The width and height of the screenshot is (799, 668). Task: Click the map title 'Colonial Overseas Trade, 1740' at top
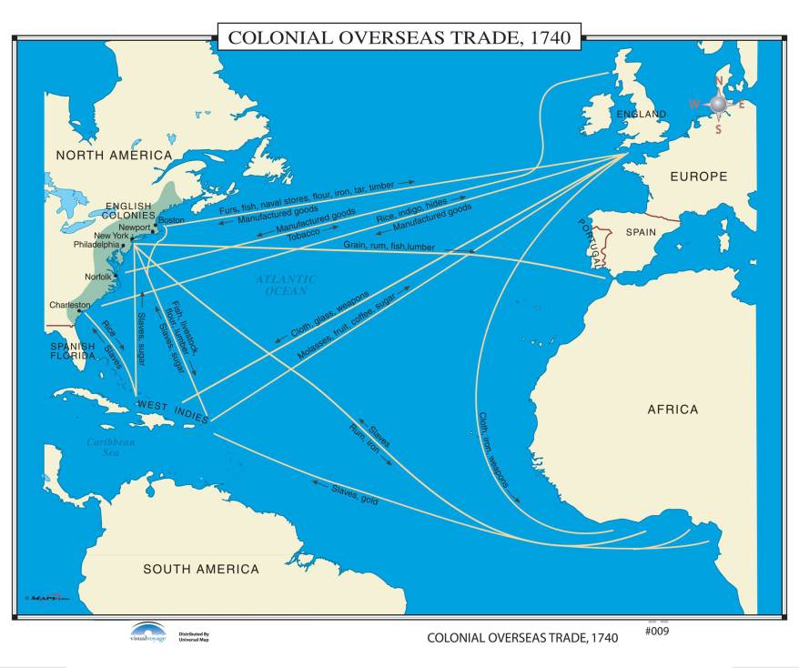[399, 38]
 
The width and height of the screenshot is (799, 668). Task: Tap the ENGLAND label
[642, 115]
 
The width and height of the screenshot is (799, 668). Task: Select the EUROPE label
[698, 177]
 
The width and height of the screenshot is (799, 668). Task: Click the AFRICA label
[673, 410]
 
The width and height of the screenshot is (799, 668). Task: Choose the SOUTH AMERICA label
[200, 569]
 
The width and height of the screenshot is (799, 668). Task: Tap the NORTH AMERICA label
[114, 156]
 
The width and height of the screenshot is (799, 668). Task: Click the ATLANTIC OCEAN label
[286, 285]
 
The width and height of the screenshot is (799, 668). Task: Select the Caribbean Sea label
[110, 447]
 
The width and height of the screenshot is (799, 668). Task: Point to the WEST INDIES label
[172, 411]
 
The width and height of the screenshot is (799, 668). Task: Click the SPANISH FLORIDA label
[73, 351]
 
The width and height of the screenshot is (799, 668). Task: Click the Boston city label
[171, 220]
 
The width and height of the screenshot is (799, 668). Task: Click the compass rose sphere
[718, 105]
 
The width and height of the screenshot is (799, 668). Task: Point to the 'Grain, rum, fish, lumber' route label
[389, 246]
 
